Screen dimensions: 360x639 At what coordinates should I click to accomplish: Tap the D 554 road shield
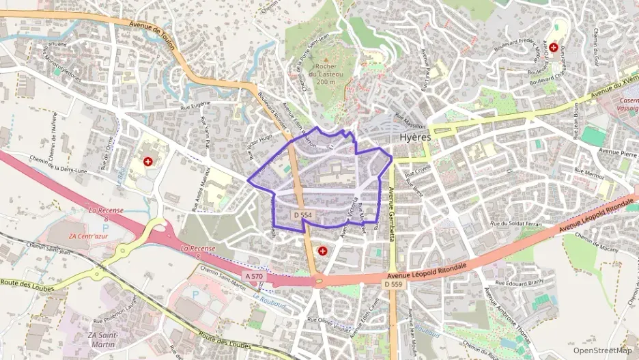coord(302,215)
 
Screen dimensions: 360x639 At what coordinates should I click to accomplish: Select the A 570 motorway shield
coord(253,275)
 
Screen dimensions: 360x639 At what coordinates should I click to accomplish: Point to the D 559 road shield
coord(393,283)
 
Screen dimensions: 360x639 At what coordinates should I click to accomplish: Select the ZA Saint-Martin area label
coord(103,340)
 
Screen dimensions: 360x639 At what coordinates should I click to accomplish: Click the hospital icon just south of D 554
coord(322,251)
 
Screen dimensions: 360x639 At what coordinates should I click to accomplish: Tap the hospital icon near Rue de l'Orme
coord(148,162)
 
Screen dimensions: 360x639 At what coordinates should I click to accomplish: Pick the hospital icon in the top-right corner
coord(554,47)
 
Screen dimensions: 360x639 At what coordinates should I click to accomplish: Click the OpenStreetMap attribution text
coord(601,350)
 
